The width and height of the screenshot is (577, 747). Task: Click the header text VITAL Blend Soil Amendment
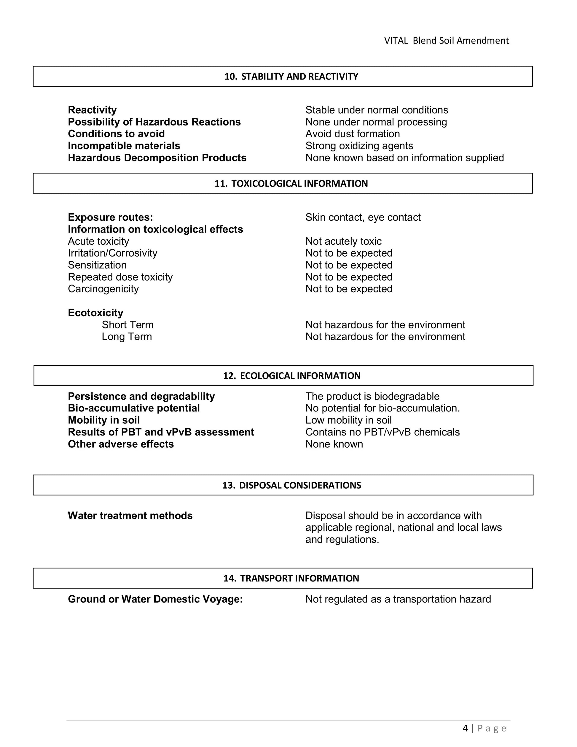[446, 41]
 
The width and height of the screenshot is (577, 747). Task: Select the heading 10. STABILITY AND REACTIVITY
[291, 77]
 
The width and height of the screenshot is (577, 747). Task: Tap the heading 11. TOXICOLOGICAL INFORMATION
[291, 184]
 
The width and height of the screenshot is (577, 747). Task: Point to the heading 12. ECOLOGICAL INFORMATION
[291, 376]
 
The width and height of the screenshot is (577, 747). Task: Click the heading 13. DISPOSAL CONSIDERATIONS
[291, 485]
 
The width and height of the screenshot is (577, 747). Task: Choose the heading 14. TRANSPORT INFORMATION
[291, 578]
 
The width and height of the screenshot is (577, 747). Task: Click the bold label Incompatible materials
[124, 146]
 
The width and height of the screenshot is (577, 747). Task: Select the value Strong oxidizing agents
[359, 146]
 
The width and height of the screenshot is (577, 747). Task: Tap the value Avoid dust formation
[353, 134]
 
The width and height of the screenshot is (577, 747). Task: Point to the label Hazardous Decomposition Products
[157, 158]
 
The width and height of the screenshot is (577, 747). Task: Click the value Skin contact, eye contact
[363, 217]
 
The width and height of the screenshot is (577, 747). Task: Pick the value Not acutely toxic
[343, 241]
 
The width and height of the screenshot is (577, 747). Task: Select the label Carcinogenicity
[103, 289]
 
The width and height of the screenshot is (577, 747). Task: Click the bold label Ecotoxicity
[95, 313]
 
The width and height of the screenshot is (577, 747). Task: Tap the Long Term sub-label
[127, 337]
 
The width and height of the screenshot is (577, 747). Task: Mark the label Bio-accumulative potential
[134, 409]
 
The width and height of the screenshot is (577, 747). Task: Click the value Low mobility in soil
[348, 420]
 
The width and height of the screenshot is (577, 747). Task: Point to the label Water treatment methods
[130, 516]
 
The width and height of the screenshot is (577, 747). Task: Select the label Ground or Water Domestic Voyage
[155, 599]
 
